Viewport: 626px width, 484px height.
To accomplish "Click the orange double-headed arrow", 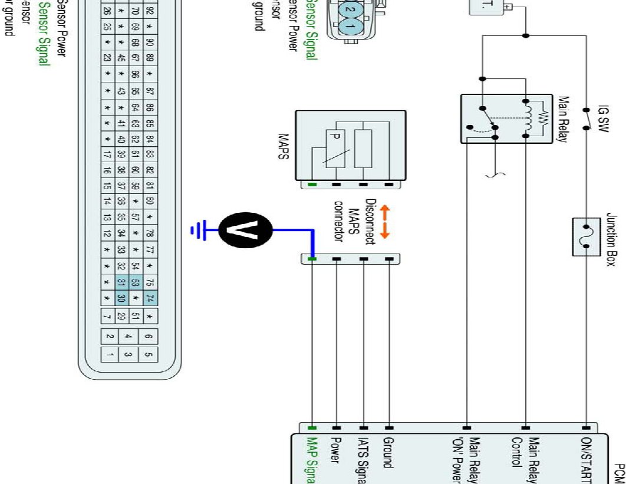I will point(384,222).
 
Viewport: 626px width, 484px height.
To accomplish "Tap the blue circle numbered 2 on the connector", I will point(350,11).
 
